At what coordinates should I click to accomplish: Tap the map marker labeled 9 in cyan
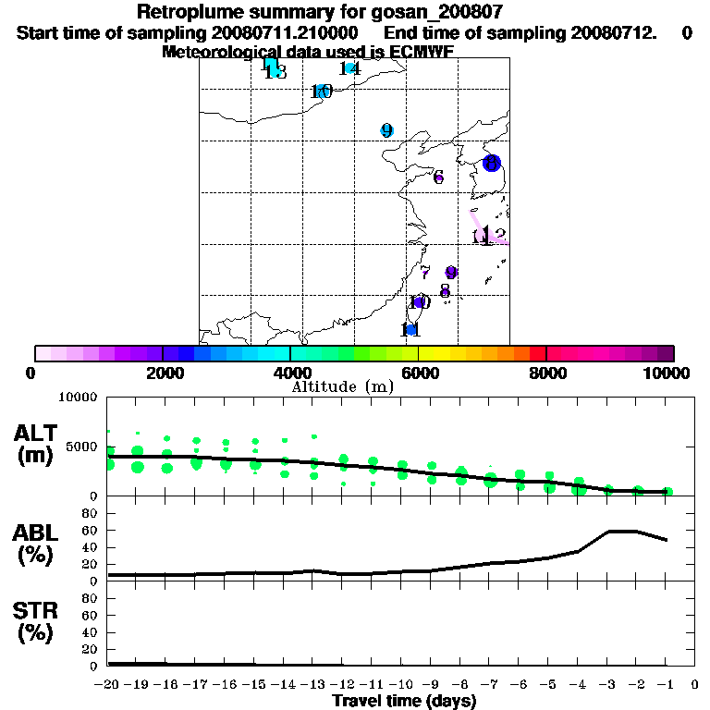coord(387,130)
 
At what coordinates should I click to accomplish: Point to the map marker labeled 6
coord(438,177)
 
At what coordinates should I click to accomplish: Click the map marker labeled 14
coord(349,67)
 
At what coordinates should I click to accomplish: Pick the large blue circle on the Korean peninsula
coord(492,163)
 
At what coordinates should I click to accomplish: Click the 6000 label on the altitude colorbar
coord(419,373)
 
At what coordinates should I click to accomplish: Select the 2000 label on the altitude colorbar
coord(163,373)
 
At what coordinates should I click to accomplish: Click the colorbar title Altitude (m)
coord(342,386)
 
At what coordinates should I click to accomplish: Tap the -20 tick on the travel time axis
coord(107,684)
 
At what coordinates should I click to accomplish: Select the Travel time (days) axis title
coord(404,701)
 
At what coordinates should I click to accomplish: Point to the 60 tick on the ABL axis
coord(91,530)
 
